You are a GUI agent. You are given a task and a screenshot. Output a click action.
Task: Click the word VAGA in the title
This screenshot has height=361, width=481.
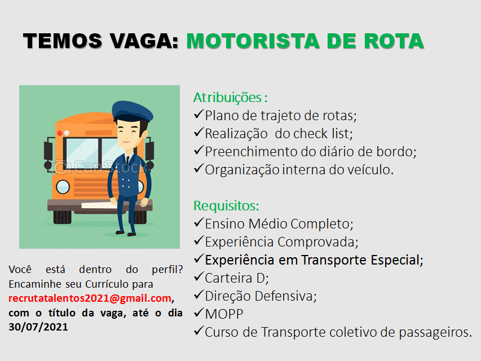(144, 41)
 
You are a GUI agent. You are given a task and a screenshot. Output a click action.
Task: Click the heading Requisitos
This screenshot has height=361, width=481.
(226, 206)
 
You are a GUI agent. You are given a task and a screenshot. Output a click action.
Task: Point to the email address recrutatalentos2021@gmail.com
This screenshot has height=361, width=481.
(90, 298)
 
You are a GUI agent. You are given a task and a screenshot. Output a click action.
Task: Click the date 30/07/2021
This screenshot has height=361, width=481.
(38, 327)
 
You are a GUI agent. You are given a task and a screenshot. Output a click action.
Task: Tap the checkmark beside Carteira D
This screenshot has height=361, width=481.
(199, 276)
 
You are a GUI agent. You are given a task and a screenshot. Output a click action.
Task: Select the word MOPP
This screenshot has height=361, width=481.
(224, 314)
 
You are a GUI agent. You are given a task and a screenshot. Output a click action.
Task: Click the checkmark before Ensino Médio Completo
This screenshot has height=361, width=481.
(199, 222)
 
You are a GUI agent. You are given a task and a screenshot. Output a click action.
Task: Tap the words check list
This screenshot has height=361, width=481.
(321, 134)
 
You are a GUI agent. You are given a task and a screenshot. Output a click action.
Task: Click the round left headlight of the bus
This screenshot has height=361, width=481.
(63, 187)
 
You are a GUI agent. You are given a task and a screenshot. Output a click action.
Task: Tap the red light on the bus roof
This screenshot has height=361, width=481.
(60, 133)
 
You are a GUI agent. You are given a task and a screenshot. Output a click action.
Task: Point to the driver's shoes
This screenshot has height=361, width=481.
(125, 234)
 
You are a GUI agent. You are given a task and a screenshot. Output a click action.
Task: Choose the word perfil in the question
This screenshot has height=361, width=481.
(167, 270)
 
